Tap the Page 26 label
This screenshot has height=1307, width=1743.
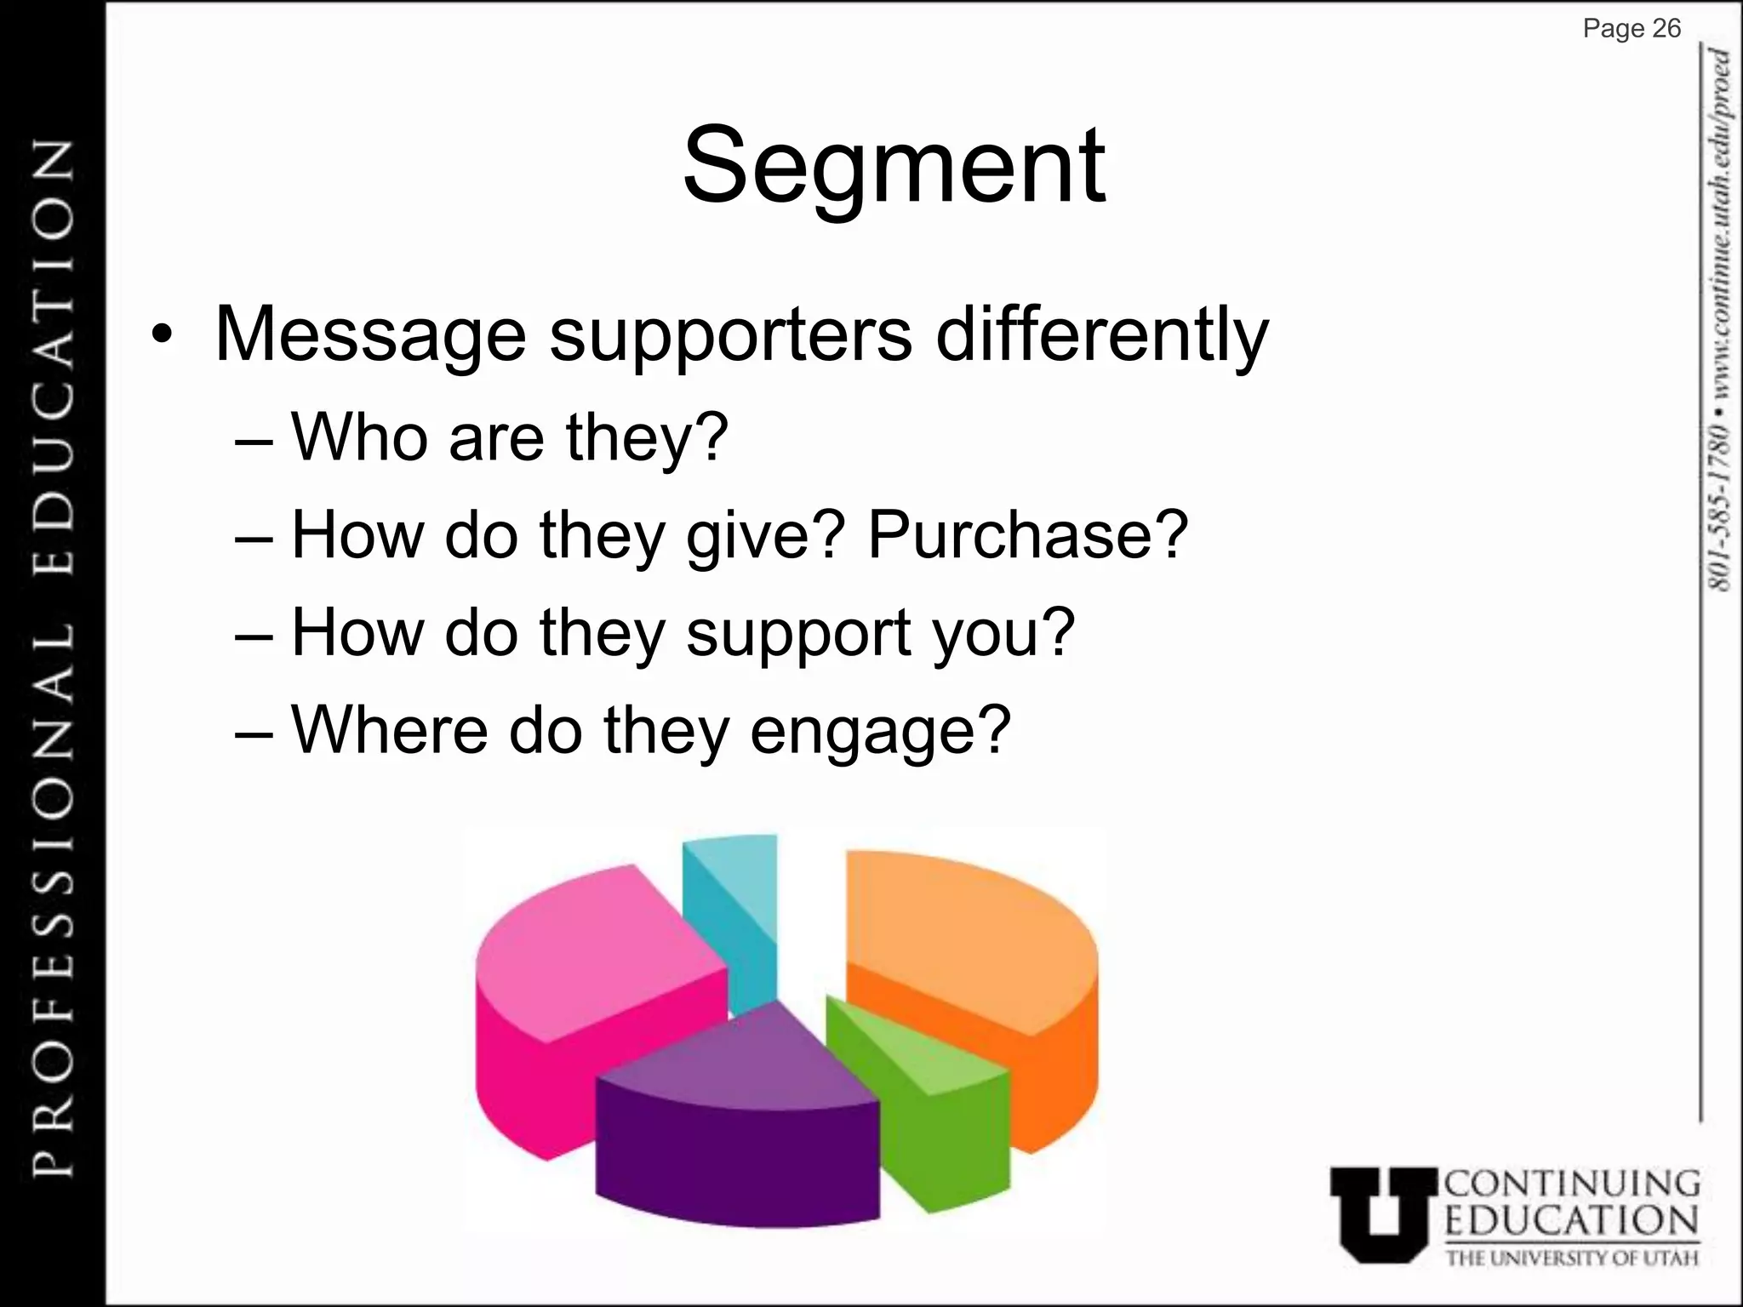tap(1632, 29)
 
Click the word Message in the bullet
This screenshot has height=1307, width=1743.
tap(371, 334)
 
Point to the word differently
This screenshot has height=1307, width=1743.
tap(1102, 335)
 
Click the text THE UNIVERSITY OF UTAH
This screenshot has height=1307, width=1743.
tap(1572, 1258)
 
